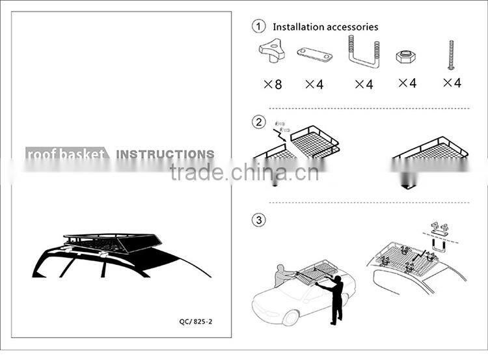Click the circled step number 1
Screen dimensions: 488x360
[258, 26]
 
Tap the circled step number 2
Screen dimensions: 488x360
[258, 122]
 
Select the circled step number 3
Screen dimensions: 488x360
[258, 220]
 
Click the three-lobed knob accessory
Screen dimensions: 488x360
[272, 50]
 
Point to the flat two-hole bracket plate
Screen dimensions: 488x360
[315, 55]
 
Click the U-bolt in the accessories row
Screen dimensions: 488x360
[364, 51]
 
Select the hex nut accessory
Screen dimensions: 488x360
[407, 57]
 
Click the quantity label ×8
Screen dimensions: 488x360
[273, 84]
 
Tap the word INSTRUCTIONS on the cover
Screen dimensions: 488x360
[165, 154]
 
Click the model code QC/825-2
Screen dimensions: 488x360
[196, 322]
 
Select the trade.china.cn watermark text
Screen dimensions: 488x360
[244, 173]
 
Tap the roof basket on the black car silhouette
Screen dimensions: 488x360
[113, 243]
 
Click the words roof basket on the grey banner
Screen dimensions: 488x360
[66, 154]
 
